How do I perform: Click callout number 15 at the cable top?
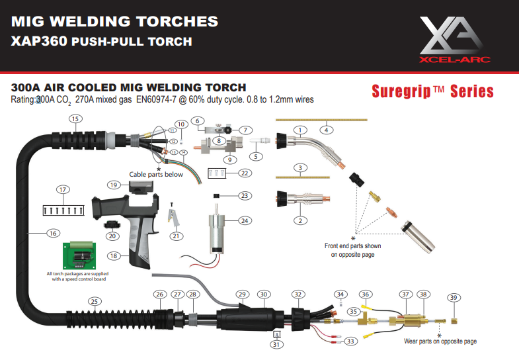tap(75, 119)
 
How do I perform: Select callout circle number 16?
tap(54, 232)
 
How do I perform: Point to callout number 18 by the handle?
tap(114, 255)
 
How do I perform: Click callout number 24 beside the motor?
tap(245, 220)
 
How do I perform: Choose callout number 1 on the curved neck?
tap(300, 129)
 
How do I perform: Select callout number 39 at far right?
tap(454, 298)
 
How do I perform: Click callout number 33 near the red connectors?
tap(350, 341)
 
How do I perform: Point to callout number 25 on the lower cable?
tap(95, 301)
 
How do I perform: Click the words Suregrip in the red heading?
tap(397, 91)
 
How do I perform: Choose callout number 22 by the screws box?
tap(245, 173)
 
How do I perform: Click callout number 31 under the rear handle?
tap(276, 343)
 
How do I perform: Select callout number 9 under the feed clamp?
tap(229, 159)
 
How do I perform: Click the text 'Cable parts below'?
tap(156, 175)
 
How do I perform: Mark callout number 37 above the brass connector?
tap(406, 294)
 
